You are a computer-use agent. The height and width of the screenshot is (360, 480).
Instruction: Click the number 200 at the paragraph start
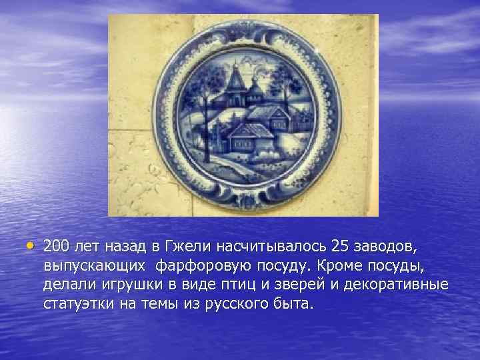tap(57, 247)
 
